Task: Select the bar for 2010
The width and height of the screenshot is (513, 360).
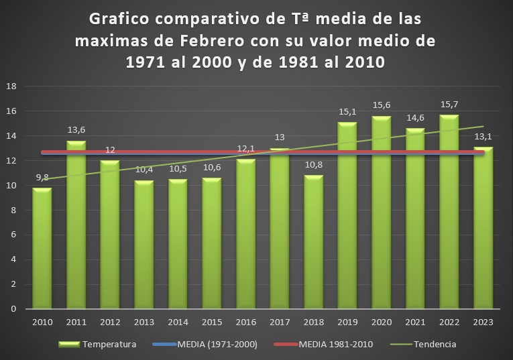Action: [42, 248]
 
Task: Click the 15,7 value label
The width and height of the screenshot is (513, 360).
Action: [449, 105]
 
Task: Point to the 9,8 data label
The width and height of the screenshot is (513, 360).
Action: [42, 178]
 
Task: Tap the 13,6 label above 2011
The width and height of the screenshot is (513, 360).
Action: [76, 131]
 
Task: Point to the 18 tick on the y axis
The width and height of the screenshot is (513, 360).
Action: [11, 86]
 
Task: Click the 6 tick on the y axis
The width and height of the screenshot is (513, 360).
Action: [13, 235]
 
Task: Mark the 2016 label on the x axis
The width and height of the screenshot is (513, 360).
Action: [245, 322]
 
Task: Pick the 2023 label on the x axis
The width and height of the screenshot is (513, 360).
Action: [483, 322]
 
